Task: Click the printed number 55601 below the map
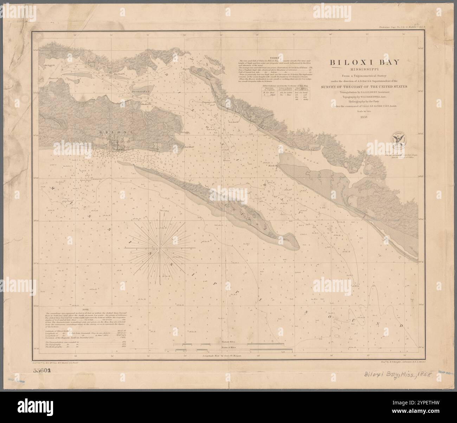[x=43, y=370]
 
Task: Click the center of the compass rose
[x=161, y=248]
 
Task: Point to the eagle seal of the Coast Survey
[x=399, y=141]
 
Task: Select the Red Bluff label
[x=189, y=147]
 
